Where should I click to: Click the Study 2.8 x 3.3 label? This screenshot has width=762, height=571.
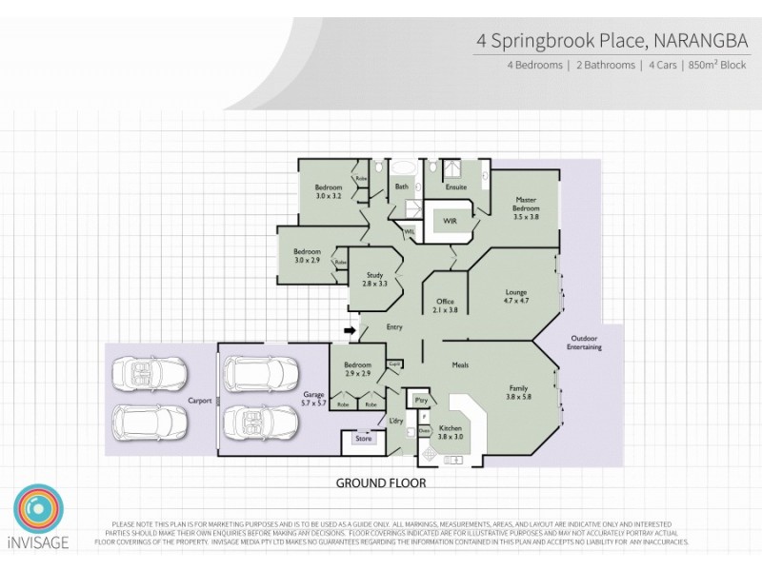[374, 279]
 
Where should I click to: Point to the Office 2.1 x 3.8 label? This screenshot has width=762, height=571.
[446, 305]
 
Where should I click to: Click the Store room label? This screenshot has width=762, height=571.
[363, 439]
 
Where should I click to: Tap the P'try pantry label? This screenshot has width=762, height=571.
[422, 400]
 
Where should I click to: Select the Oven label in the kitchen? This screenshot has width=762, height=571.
[424, 430]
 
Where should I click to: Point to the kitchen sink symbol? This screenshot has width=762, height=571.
[452, 462]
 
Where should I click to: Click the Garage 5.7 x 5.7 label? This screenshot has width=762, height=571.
[314, 399]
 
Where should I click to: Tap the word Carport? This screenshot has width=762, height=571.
[199, 401]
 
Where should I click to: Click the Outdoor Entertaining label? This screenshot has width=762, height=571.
[586, 344]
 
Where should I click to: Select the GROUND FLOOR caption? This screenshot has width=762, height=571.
[380, 482]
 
